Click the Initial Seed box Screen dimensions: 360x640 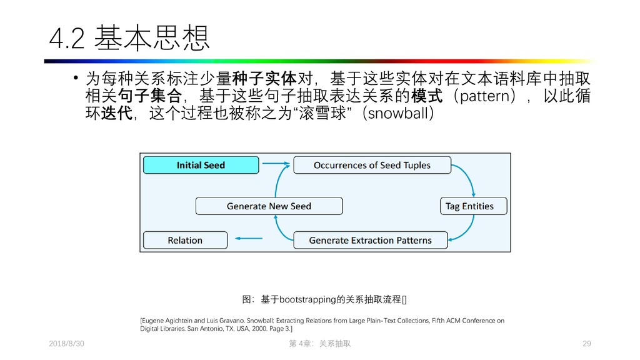[x=201, y=165]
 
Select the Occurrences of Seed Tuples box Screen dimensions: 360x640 [x=372, y=165]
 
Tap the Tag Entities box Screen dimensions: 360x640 [x=469, y=206]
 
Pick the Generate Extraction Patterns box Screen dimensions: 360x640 [x=370, y=240]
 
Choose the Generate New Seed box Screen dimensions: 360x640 [x=269, y=206]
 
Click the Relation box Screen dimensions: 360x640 [x=185, y=240]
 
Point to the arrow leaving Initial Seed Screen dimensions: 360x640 [x=275, y=165]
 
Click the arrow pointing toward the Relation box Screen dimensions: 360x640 [x=248, y=238]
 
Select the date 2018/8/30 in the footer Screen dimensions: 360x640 [x=66, y=344]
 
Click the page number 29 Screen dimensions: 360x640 [x=586, y=344]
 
